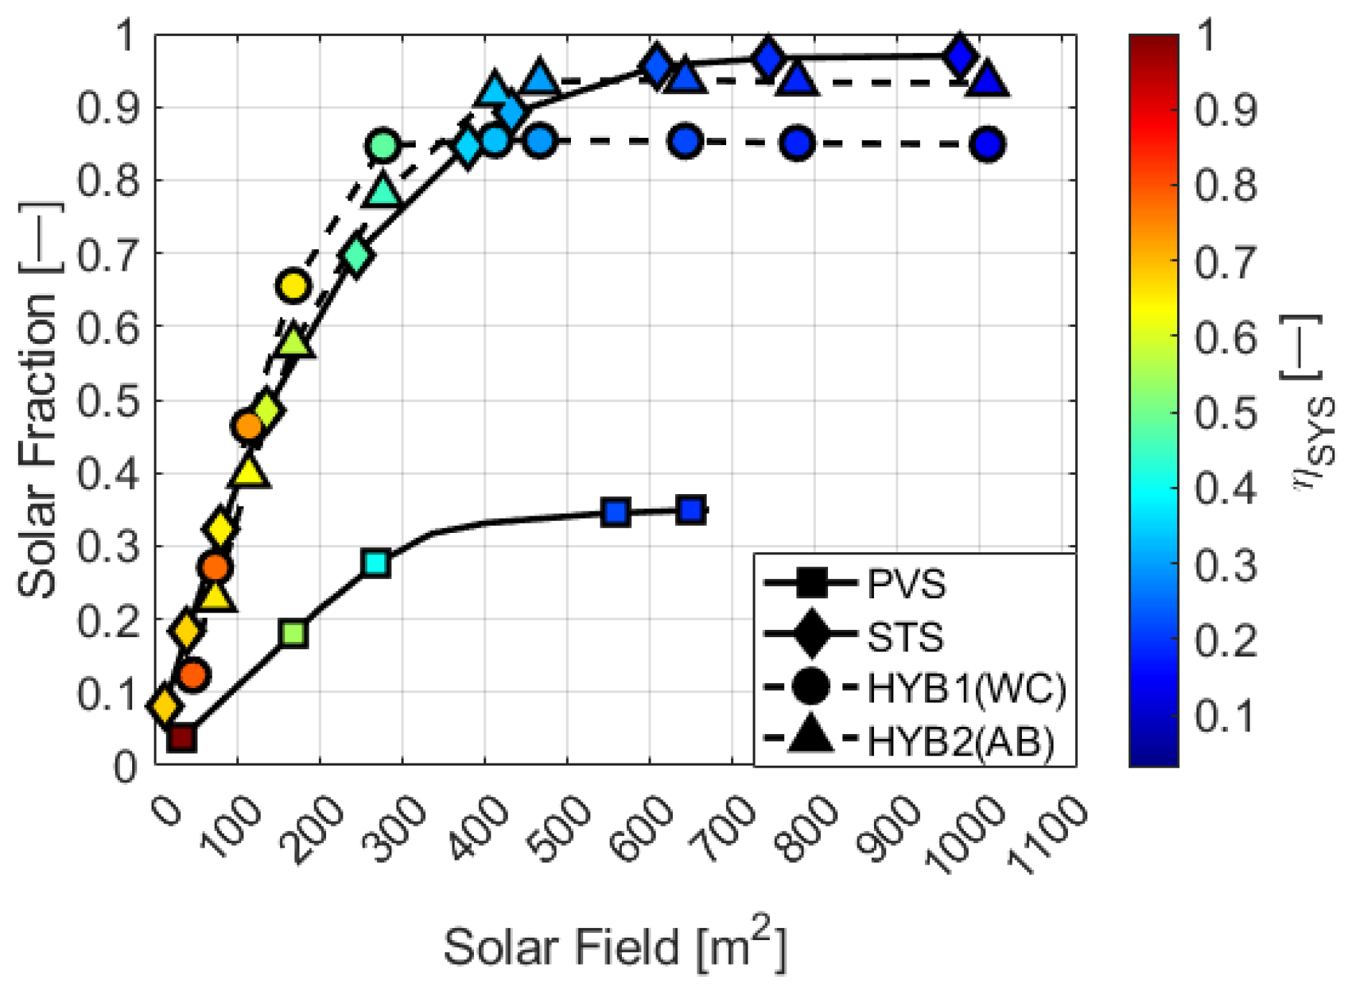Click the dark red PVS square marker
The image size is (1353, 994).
click(x=182, y=738)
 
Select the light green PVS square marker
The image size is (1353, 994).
click(x=294, y=633)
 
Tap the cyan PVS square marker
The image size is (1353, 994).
click(x=376, y=563)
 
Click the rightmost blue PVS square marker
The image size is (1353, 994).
click(x=691, y=510)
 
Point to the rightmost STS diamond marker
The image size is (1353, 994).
click(x=960, y=55)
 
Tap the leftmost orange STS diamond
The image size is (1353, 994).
click(x=164, y=705)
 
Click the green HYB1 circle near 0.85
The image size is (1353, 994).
click(x=383, y=145)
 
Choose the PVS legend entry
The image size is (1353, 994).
click(x=906, y=584)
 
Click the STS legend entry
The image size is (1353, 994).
click(x=905, y=636)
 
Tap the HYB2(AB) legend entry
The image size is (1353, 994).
click(x=961, y=740)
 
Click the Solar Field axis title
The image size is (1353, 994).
click(x=615, y=946)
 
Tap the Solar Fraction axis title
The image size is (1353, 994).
click(x=37, y=399)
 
